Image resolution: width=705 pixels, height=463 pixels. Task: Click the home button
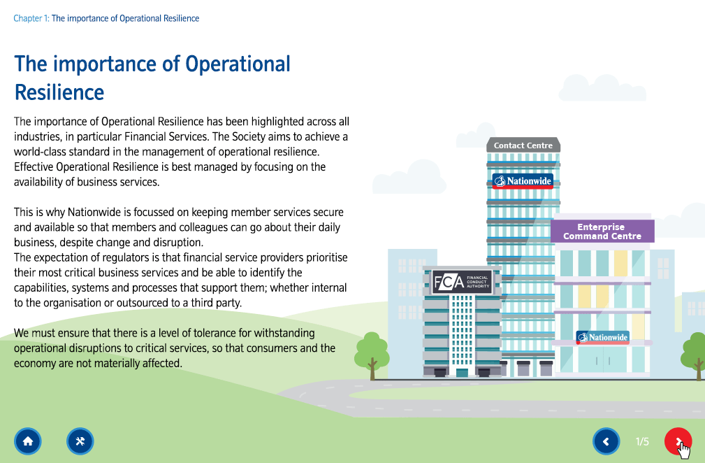coord(28,441)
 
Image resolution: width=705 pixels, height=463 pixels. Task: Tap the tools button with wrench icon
coord(80,441)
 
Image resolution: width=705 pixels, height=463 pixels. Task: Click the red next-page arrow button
coord(678,441)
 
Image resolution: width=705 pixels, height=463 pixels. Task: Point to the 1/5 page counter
coord(642,441)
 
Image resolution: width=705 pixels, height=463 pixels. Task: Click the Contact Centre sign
coord(523,145)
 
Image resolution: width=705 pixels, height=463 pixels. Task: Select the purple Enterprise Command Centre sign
coord(602,231)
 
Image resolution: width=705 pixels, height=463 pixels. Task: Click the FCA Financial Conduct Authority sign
coord(462,283)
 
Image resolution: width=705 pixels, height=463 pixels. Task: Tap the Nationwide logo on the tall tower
coord(523,181)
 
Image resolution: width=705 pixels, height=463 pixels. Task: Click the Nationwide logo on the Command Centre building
coord(602,337)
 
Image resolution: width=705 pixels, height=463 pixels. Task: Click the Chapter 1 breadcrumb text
coord(31,18)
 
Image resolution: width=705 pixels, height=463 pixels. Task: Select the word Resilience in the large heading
coord(59,92)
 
